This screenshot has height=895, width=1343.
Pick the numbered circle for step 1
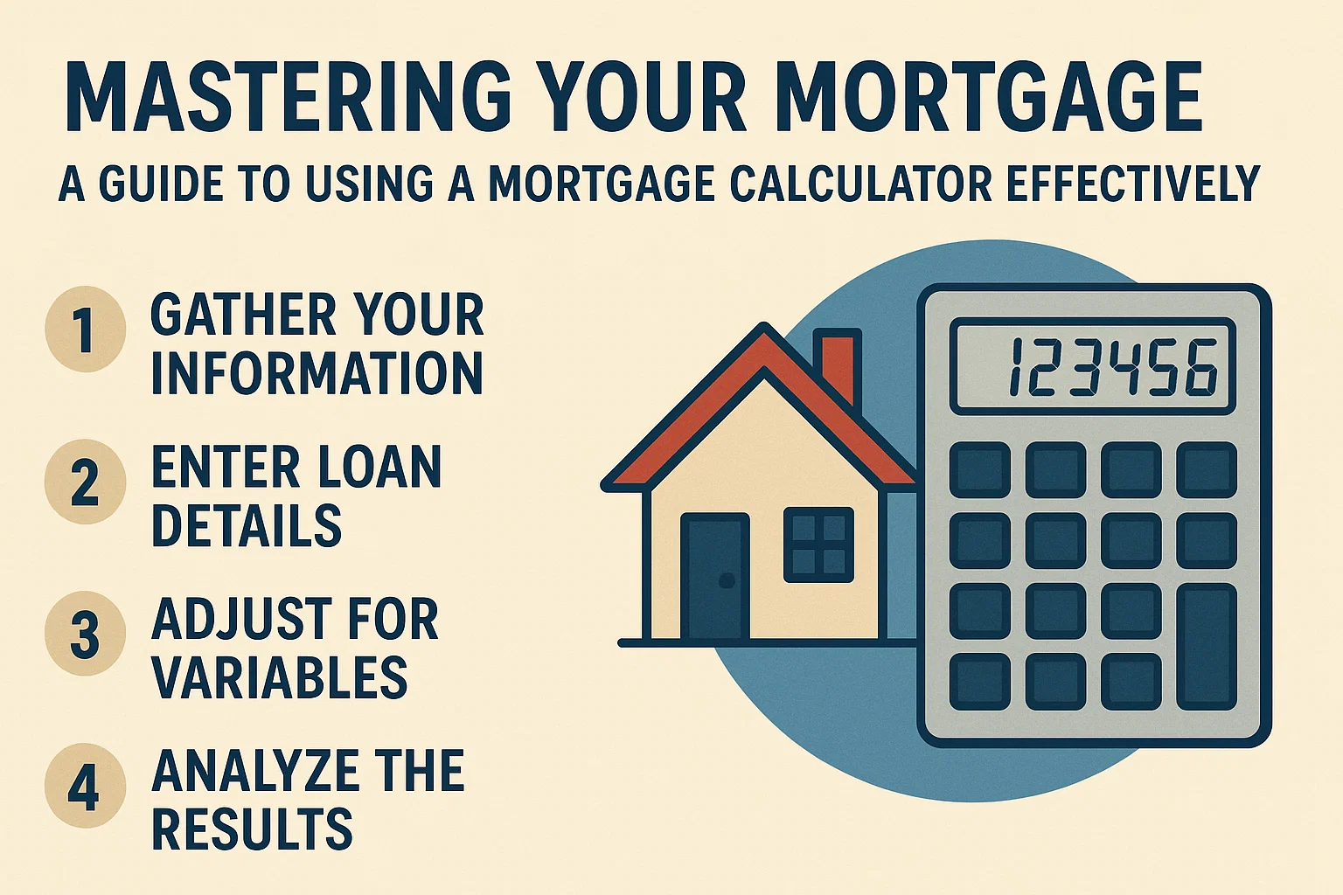click(85, 330)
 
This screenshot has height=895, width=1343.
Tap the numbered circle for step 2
click(85, 482)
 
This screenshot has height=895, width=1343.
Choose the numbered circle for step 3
click(85, 634)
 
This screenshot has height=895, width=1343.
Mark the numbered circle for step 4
click(85, 786)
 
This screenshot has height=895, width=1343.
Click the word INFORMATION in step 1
click(317, 373)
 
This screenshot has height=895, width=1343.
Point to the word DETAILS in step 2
click(247, 525)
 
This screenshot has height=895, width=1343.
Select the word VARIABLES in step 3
click(280, 677)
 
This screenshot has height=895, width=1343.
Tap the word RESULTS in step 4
click(252, 829)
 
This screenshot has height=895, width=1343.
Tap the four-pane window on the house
click(818, 544)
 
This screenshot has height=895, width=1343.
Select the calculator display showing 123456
click(1092, 366)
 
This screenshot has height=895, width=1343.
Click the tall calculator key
click(1207, 647)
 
